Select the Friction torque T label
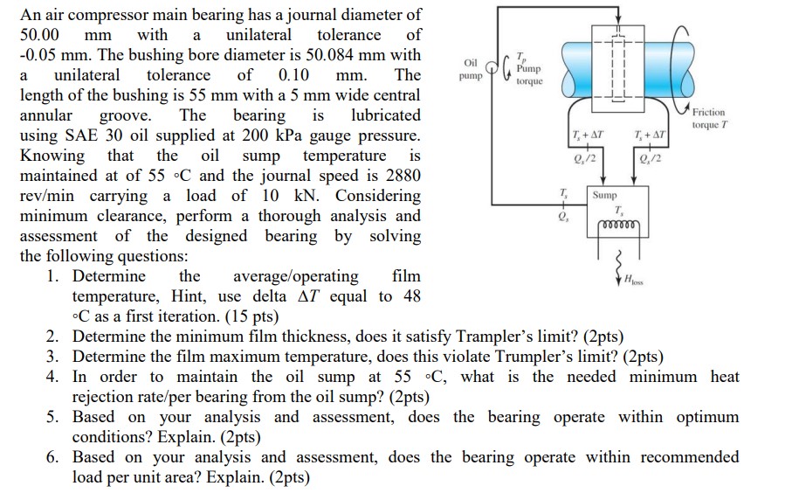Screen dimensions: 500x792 tap(712, 118)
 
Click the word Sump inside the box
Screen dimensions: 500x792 tap(605, 195)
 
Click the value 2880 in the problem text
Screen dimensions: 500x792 tap(397, 175)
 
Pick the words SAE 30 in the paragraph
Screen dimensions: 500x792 tap(97, 135)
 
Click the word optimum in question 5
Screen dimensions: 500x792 tap(704, 417)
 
